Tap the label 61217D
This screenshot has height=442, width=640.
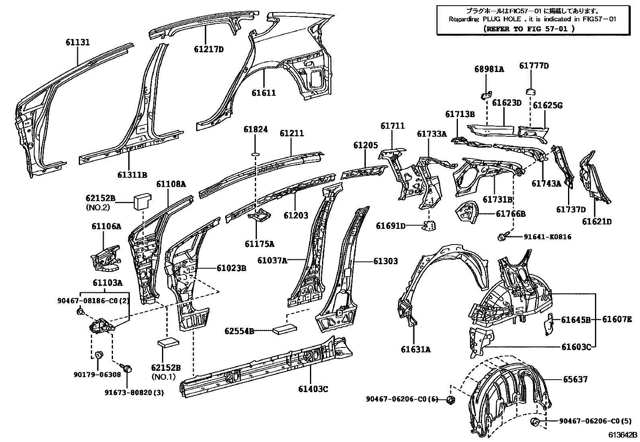(208, 50)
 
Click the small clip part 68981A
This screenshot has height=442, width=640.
(486, 95)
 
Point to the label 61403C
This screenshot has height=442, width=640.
(313, 389)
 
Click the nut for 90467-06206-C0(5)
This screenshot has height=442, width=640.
(535, 422)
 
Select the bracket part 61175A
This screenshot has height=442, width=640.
(260, 217)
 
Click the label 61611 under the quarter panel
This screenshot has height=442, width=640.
(264, 93)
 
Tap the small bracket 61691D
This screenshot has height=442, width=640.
(430, 226)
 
